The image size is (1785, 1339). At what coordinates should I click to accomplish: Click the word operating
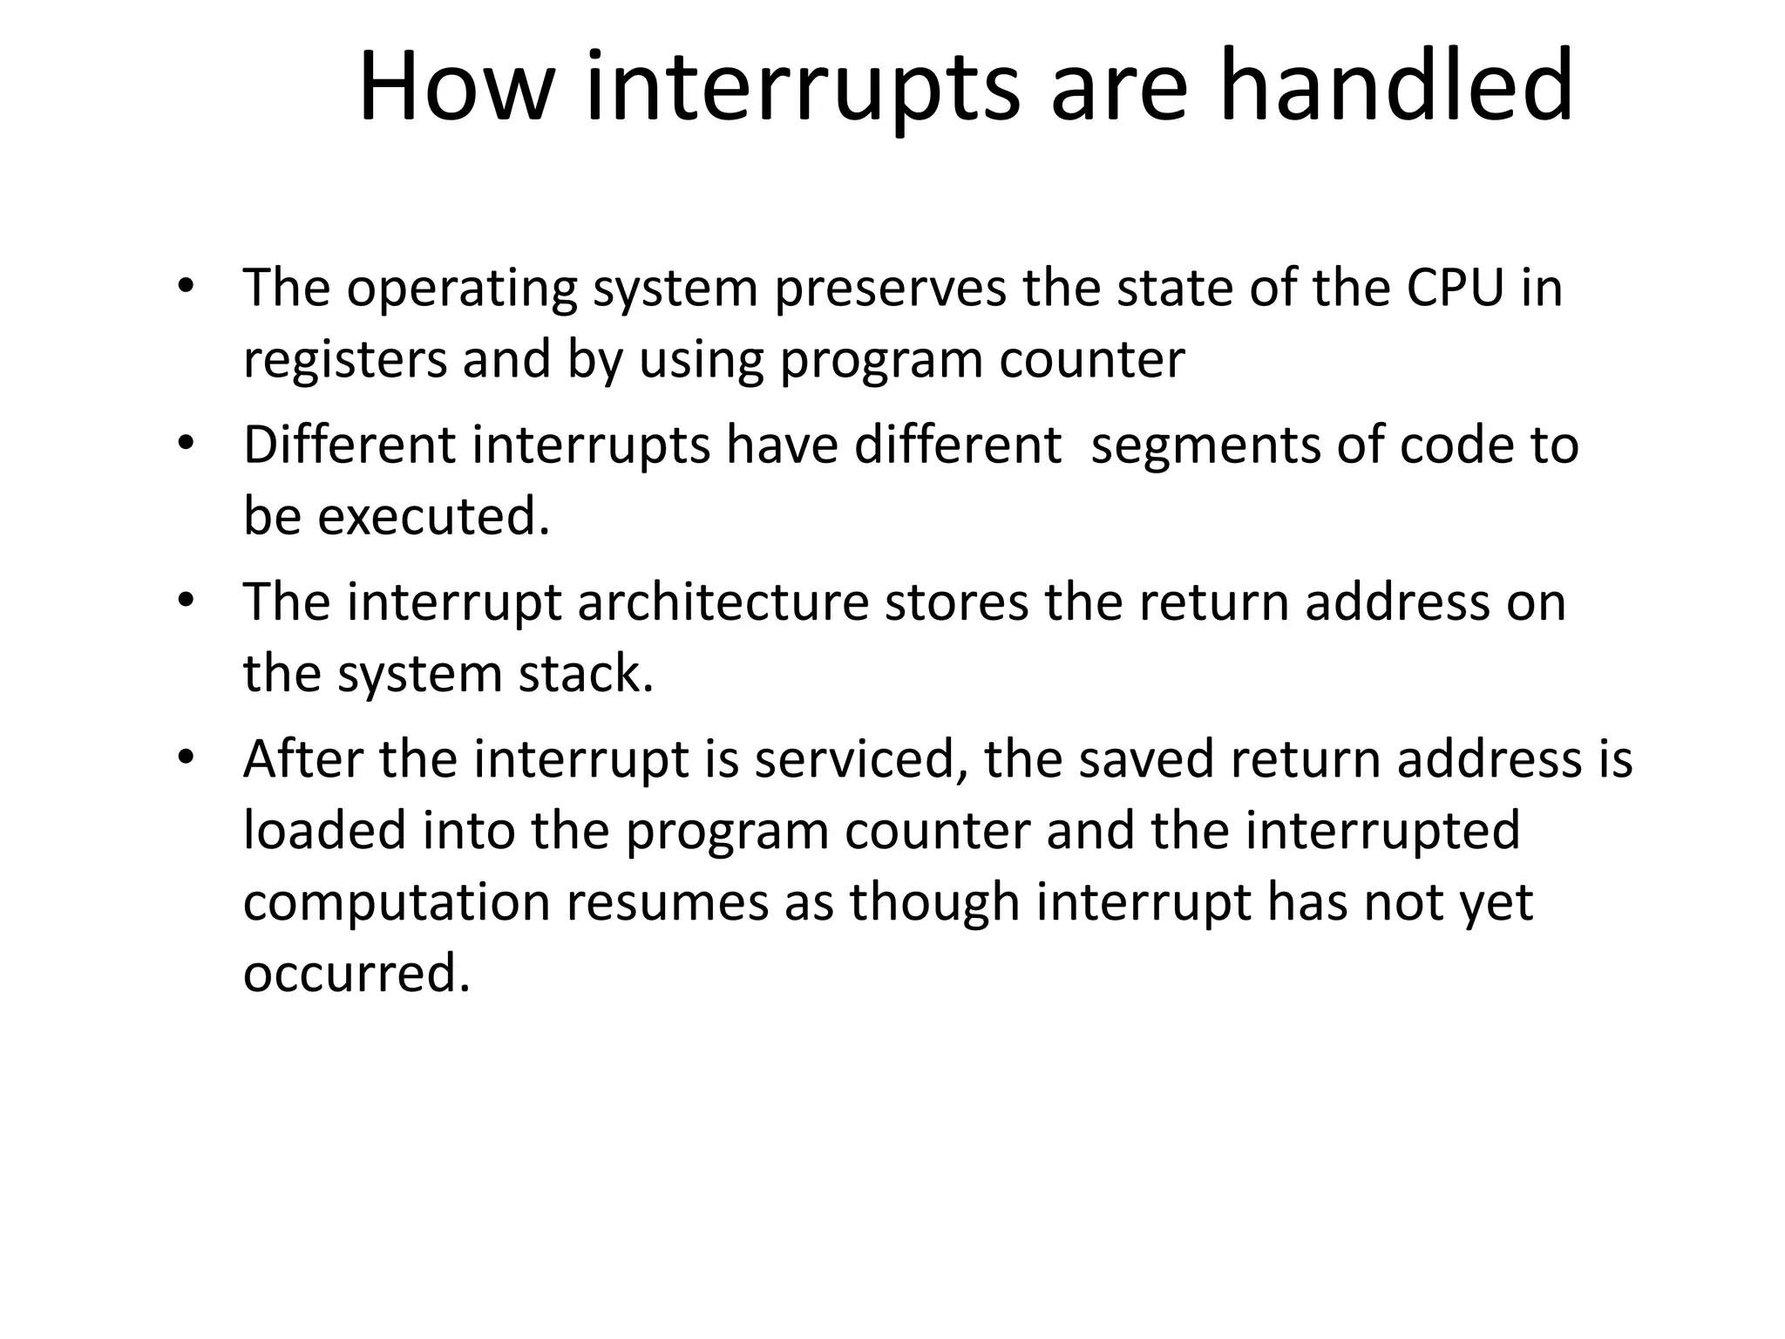pyautogui.click(x=462, y=289)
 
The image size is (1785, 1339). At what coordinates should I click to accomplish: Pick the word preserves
pyautogui.click(x=890, y=289)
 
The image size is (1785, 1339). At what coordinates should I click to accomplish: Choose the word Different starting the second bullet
pyautogui.click(x=350, y=445)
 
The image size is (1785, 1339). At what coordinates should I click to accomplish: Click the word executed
pyautogui.click(x=433, y=516)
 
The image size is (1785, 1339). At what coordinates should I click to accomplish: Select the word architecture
pyautogui.click(x=723, y=602)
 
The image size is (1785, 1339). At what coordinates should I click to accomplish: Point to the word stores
pyautogui.click(x=956, y=602)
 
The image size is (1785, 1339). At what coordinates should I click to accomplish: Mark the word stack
pyautogui.click(x=586, y=674)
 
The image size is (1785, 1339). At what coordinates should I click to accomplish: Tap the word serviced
pyautogui.click(x=861, y=758)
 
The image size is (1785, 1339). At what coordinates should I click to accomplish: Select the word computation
pyautogui.click(x=397, y=901)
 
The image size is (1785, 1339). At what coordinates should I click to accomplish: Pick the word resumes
pyautogui.click(x=667, y=901)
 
